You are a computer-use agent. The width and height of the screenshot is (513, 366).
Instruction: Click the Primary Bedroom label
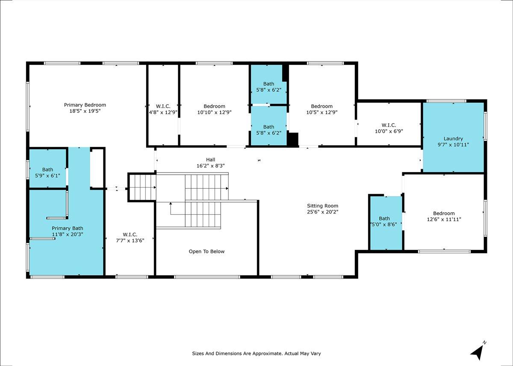coord(85,105)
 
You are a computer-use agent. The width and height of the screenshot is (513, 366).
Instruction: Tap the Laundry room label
coord(453,139)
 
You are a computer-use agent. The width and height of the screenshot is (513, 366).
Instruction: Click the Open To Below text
coord(206,252)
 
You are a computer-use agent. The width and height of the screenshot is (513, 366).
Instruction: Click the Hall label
coord(210,160)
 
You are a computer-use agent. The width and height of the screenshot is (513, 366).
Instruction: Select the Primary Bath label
coord(67,228)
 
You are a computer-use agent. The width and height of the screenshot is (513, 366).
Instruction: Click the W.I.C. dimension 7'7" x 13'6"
coord(130,240)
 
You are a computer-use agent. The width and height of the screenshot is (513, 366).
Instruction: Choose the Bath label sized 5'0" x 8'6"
coord(384,219)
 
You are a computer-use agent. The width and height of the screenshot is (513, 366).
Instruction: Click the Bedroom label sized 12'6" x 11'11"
coord(444,214)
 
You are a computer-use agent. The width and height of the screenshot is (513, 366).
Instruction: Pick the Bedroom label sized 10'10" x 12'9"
coord(214,106)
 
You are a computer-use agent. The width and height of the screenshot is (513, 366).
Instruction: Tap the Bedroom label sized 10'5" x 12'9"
coord(321,106)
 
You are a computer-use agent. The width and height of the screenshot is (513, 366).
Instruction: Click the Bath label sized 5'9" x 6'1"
coord(47,170)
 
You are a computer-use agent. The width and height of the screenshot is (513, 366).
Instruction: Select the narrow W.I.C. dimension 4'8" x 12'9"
coord(163,112)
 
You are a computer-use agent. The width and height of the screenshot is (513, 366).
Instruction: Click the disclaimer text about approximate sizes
coord(256,354)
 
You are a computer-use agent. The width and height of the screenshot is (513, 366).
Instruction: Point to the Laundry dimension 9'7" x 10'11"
coord(453,145)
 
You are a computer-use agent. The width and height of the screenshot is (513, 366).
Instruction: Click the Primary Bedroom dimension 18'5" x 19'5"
coord(85,111)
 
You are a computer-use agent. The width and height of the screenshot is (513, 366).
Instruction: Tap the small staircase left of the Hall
coord(142,187)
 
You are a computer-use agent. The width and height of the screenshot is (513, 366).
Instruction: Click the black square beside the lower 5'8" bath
coord(293,140)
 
